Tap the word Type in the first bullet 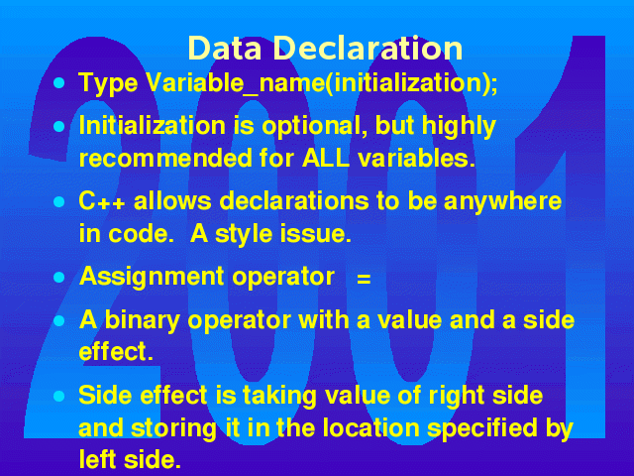[x=108, y=83]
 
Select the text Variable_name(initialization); [x=322, y=83]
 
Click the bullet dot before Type [x=59, y=83]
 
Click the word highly [x=459, y=127]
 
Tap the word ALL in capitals [x=326, y=158]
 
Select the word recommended [x=165, y=158]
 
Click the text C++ [x=101, y=201]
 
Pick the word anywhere [x=502, y=202]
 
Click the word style [x=244, y=235]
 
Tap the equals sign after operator [x=364, y=280]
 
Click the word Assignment [x=152, y=278]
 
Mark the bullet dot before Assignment [x=59, y=278]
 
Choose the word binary [x=142, y=320]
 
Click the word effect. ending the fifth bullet [x=116, y=351]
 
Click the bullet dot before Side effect [x=59, y=396]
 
